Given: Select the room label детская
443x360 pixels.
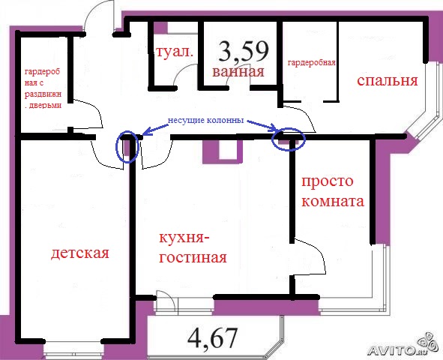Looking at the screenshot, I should [x=80, y=253].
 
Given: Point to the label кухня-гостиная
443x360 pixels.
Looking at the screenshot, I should [x=192, y=247].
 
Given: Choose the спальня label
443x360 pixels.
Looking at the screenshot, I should [x=387, y=81].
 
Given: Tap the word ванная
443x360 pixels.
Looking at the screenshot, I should [x=238, y=72].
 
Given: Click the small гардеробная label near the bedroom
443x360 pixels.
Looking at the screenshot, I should [x=311, y=63].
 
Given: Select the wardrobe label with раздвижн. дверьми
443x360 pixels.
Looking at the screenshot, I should [x=43, y=84].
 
